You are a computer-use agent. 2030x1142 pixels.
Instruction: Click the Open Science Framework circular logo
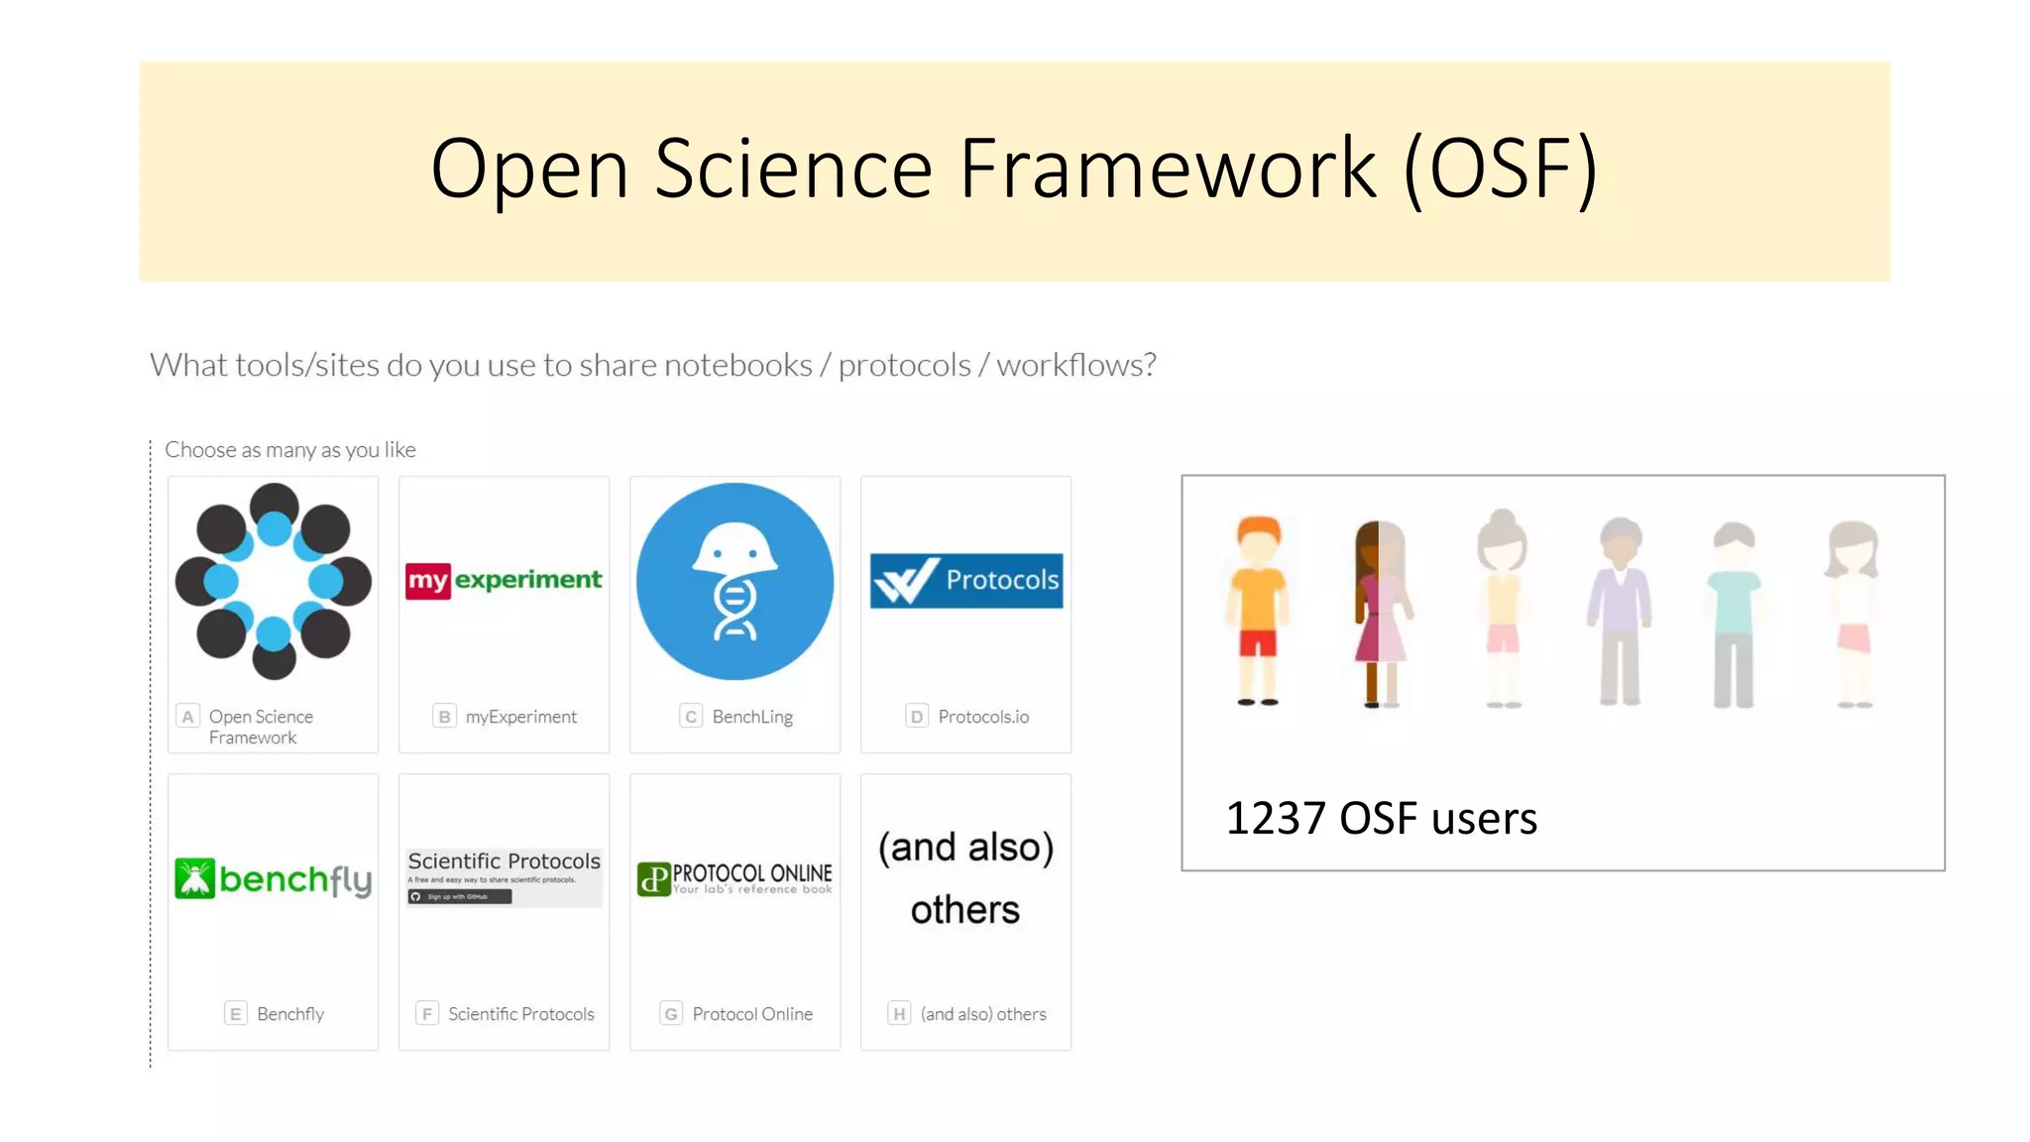point(274,581)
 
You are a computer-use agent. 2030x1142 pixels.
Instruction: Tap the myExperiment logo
point(504,580)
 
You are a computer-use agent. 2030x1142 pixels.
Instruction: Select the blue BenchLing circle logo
point(734,581)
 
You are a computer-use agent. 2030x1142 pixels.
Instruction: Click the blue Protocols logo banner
point(966,580)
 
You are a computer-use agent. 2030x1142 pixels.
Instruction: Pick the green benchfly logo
point(274,878)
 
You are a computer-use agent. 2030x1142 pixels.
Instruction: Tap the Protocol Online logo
point(734,878)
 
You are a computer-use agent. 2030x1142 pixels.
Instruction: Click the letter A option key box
point(187,717)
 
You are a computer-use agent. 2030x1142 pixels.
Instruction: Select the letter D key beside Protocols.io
point(917,717)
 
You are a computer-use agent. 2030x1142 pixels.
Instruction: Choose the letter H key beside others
point(899,1014)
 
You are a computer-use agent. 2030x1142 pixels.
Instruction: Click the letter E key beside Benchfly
point(236,1014)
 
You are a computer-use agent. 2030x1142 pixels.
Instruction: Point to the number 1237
point(1275,819)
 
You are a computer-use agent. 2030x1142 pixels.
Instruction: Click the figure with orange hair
point(1258,610)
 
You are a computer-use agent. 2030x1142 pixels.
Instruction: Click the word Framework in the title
point(1168,169)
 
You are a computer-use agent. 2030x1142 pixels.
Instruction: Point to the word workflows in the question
point(1075,365)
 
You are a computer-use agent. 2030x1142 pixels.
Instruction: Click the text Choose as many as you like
point(289,450)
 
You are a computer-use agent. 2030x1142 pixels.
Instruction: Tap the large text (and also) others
point(965,878)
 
